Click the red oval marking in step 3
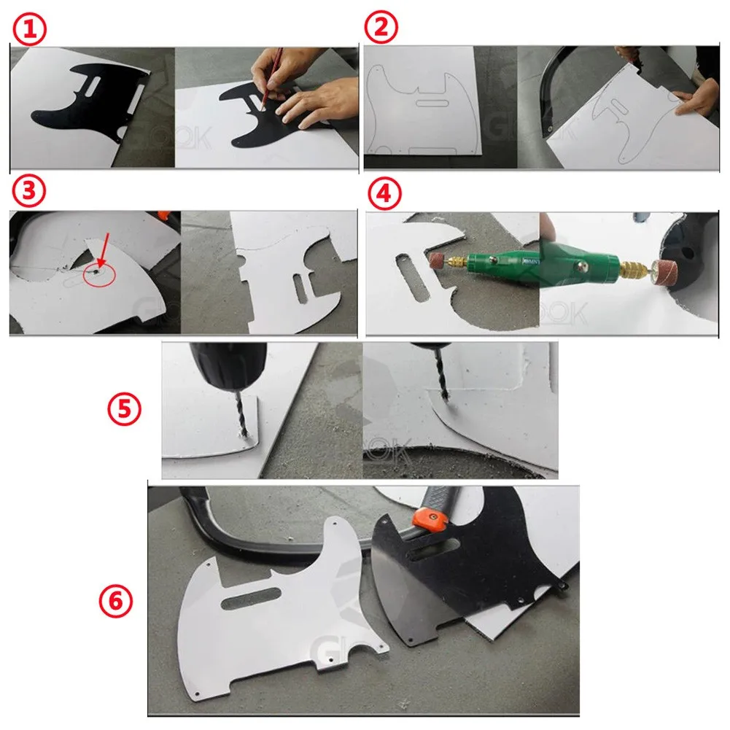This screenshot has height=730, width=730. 97,275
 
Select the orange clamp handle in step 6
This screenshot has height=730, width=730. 430,519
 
